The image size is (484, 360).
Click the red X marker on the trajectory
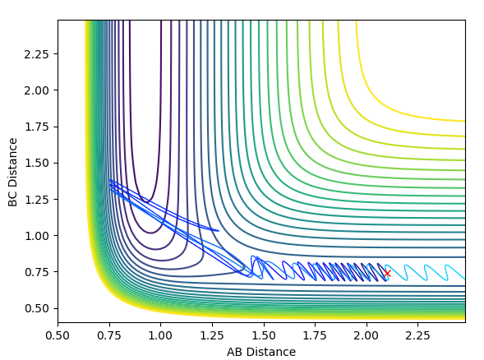[x=387, y=274]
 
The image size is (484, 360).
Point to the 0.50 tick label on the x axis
[x=58, y=335]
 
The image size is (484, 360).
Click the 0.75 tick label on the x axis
[x=109, y=335]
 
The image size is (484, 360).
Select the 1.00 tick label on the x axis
[x=161, y=335]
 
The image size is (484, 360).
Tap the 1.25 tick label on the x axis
[x=212, y=335]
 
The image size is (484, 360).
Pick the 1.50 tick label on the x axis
[x=264, y=335]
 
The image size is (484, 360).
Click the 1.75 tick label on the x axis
[x=316, y=335]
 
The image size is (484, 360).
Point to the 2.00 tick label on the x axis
[x=367, y=335]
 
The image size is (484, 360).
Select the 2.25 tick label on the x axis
[x=418, y=335]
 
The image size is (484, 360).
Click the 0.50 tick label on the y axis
[x=37, y=308]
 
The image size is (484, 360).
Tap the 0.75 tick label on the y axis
[x=37, y=272]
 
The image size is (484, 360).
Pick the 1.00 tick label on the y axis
[x=37, y=236]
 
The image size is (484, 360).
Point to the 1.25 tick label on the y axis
[x=37, y=200]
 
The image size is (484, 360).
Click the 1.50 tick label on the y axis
[x=37, y=163]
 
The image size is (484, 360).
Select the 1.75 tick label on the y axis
[x=37, y=127]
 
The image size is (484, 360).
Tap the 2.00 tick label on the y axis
[x=37, y=90]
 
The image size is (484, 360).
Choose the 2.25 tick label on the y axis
[x=37, y=54]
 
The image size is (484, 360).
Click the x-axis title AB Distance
[x=261, y=352]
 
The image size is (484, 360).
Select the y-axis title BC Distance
[x=12, y=172]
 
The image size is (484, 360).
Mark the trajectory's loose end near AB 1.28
[x=219, y=231]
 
